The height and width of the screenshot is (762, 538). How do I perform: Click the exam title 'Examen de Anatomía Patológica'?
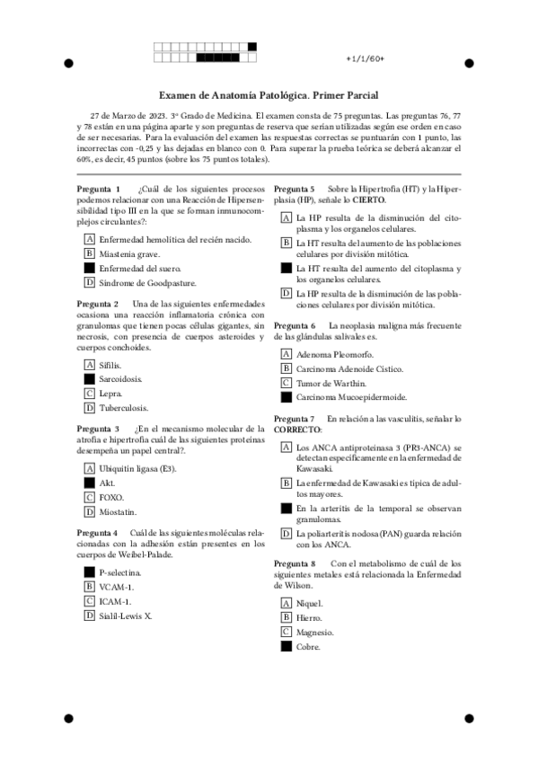click(x=232, y=94)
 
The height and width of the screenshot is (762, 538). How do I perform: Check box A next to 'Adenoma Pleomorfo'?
click(x=286, y=354)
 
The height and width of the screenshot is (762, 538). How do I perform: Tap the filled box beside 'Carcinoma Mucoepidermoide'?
click(x=286, y=397)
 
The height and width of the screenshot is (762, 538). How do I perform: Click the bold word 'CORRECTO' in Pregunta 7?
click(x=297, y=430)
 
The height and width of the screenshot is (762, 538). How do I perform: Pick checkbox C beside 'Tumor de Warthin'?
click(x=286, y=383)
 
